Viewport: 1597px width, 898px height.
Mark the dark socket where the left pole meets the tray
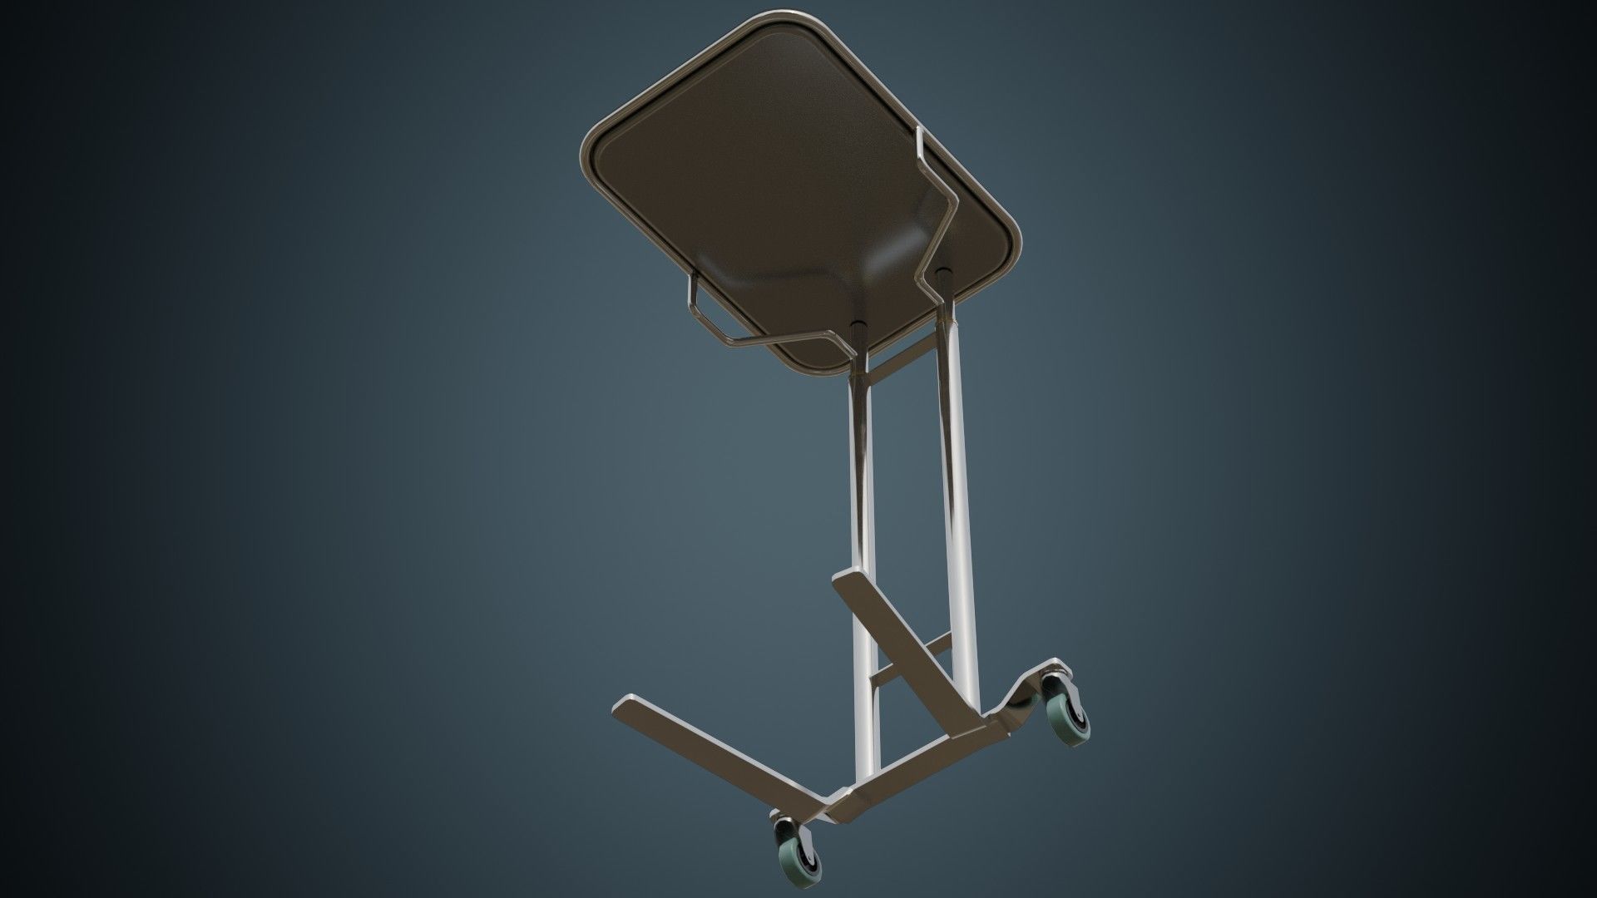click(860, 328)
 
